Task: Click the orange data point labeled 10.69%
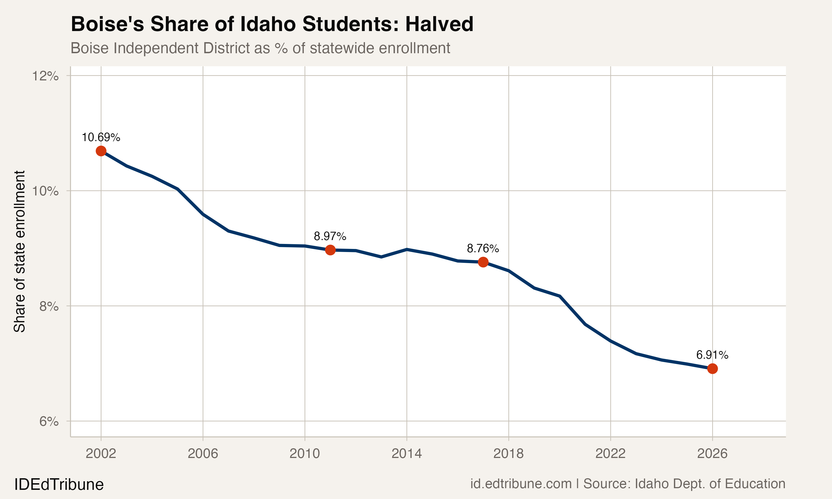(x=101, y=151)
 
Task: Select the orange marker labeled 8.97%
(x=330, y=250)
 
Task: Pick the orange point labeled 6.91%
(x=712, y=368)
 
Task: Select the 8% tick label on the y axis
(x=49, y=306)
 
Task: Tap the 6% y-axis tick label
(x=49, y=421)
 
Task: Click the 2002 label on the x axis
(x=101, y=454)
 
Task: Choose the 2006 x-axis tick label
(x=203, y=454)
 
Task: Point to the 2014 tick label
(x=407, y=454)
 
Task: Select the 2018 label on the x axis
(x=508, y=454)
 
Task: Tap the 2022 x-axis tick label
(x=610, y=454)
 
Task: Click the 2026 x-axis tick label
(x=712, y=454)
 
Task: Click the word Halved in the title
(x=439, y=24)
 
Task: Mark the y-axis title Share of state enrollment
(x=19, y=251)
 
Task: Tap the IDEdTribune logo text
(x=59, y=485)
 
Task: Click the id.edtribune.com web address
(x=521, y=483)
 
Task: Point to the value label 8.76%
(x=483, y=248)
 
